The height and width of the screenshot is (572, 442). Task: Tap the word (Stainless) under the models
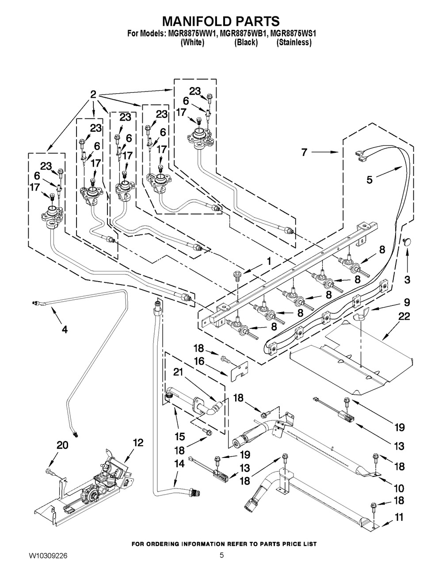click(x=294, y=43)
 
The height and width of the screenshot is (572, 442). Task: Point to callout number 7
click(x=305, y=153)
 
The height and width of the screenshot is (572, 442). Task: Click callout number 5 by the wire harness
click(x=370, y=179)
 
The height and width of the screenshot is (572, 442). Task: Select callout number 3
click(x=407, y=279)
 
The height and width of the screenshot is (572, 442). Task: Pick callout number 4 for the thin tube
click(x=65, y=329)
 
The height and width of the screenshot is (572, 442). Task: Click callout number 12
click(x=138, y=443)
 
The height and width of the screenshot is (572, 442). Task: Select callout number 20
click(x=62, y=446)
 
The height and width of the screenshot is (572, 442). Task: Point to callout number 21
click(x=178, y=374)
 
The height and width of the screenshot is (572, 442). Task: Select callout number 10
click(x=399, y=488)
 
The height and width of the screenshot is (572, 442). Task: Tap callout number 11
click(x=399, y=517)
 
